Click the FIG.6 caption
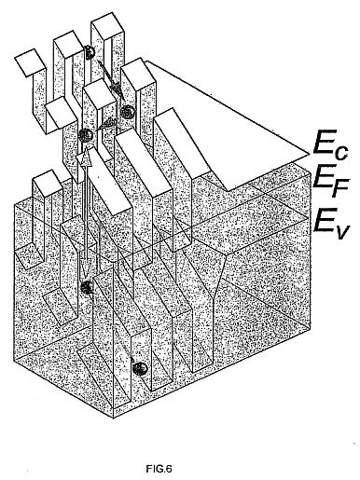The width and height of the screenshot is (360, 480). (159, 469)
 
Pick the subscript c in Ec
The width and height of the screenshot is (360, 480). (341, 153)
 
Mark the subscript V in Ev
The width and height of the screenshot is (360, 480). (341, 231)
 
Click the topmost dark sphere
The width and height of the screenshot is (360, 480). (90, 52)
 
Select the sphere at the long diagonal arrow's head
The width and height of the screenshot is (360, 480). (128, 112)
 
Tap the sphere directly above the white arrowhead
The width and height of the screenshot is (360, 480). (86, 135)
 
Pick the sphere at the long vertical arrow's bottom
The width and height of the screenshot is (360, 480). (87, 287)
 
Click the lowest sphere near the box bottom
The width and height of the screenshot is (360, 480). (140, 369)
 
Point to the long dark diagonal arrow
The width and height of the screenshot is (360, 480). (110, 80)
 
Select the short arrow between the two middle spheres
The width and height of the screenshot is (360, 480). (106, 124)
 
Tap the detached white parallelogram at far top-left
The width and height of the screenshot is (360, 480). (29, 62)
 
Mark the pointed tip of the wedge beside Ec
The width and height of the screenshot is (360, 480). (309, 154)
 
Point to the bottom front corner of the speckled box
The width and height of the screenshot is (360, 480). (114, 418)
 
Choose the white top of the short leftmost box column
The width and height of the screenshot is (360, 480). (48, 181)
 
